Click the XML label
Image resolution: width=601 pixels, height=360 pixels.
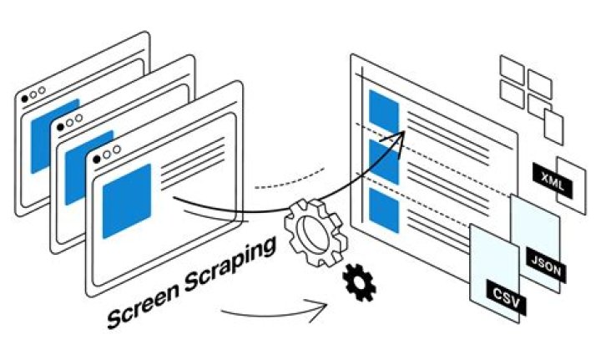pyautogui.click(x=553, y=180)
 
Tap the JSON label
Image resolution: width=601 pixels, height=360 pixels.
pyautogui.click(x=546, y=266)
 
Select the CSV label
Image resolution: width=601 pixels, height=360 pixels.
pyautogui.click(x=506, y=297)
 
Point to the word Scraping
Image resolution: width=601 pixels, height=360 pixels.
pyautogui.click(x=230, y=265)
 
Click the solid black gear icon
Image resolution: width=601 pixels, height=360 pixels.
pyautogui.click(x=359, y=282)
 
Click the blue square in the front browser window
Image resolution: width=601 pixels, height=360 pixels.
pyautogui.click(x=127, y=201)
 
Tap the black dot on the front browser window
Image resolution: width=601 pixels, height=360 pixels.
pyautogui.click(x=97, y=159)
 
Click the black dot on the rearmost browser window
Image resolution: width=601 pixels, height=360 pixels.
pyautogui.click(x=24, y=99)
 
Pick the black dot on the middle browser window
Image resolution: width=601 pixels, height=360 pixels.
pyautogui.click(x=60, y=127)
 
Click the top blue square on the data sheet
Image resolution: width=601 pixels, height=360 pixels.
pyautogui.click(x=384, y=111)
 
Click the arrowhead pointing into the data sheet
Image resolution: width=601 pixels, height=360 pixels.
pyautogui.click(x=396, y=142)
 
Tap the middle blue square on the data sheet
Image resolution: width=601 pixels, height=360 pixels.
pyautogui.click(x=384, y=161)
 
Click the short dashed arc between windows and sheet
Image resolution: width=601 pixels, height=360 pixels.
pyautogui.click(x=290, y=180)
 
